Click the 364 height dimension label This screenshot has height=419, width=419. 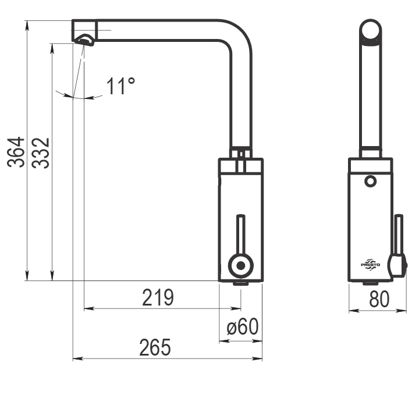(x=16, y=152)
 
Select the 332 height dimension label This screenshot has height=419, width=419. (x=41, y=153)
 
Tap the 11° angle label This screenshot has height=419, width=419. (x=121, y=86)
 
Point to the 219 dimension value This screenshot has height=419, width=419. (x=158, y=297)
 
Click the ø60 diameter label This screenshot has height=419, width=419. (x=243, y=326)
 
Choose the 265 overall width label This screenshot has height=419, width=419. (x=155, y=347)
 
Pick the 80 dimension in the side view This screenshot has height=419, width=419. (x=379, y=299)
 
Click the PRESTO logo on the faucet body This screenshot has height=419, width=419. (x=370, y=265)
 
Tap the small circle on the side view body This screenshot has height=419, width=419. (x=370, y=181)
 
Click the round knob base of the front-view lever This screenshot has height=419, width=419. (x=241, y=265)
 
